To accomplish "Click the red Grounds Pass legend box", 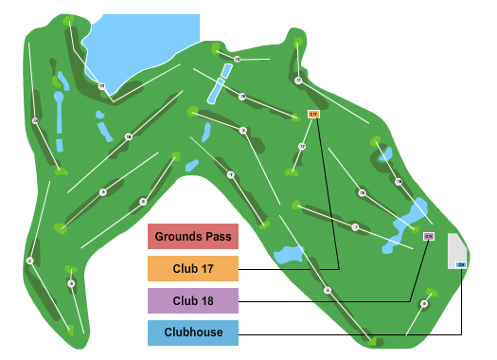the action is (x=192, y=236).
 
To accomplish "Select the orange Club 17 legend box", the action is (x=192, y=269).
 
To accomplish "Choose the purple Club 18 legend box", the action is (x=192, y=301).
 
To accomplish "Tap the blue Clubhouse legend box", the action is (x=192, y=333).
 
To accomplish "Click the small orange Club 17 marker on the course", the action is (x=314, y=114).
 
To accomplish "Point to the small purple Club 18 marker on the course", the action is (x=428, y=236).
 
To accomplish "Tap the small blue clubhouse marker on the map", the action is (x=461, y=264).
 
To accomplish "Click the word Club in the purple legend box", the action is (x=186, y=301).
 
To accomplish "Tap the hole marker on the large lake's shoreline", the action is (x=101, y=86).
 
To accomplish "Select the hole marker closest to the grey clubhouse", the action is (x=423, y=304).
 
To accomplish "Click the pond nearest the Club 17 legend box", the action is (x=287, y=255).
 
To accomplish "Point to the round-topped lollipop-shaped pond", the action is (x=59, y=118).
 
